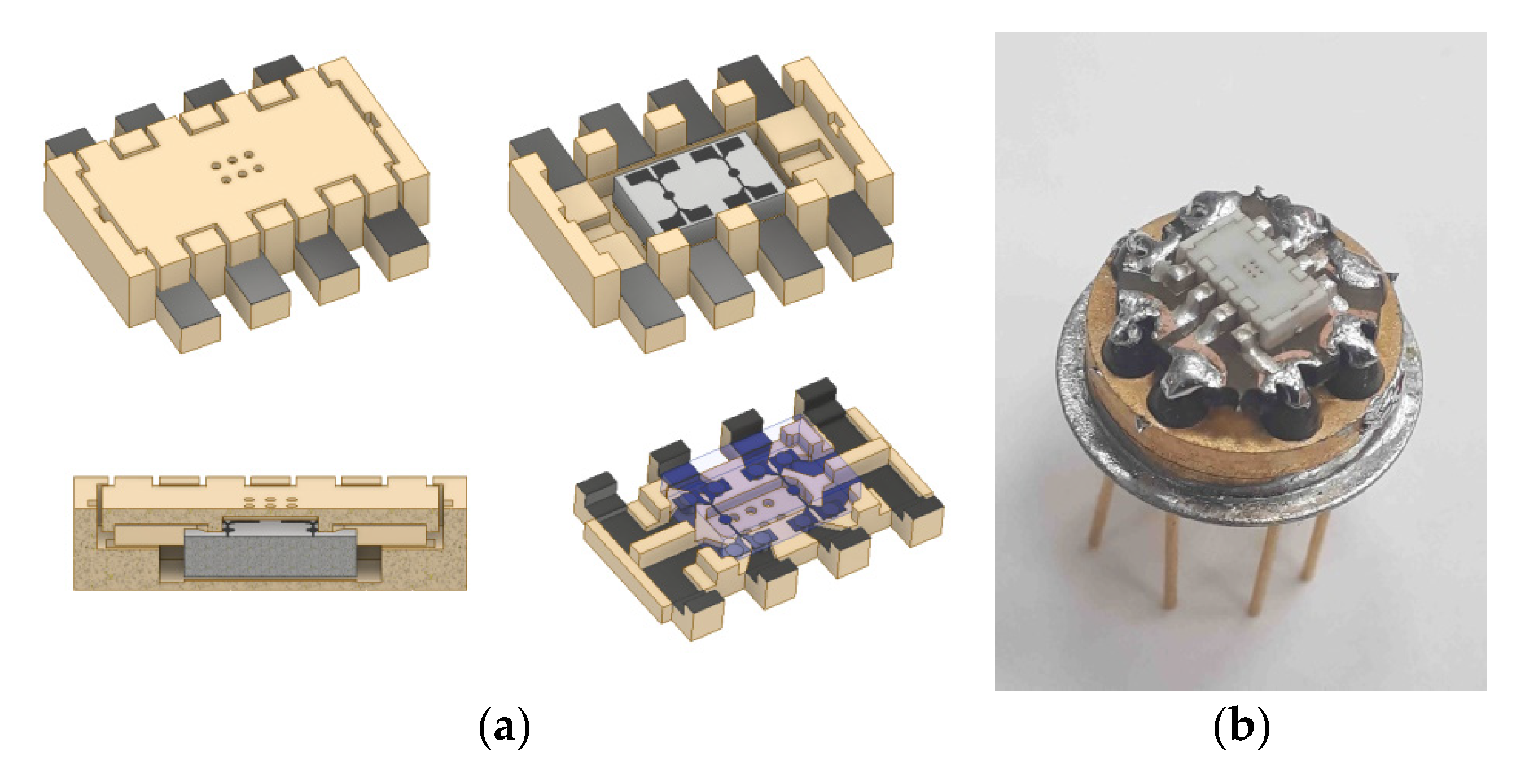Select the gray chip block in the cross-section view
coord(270,555)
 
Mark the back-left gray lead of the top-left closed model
coord(68,142)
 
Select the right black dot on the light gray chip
coord(734,172)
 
